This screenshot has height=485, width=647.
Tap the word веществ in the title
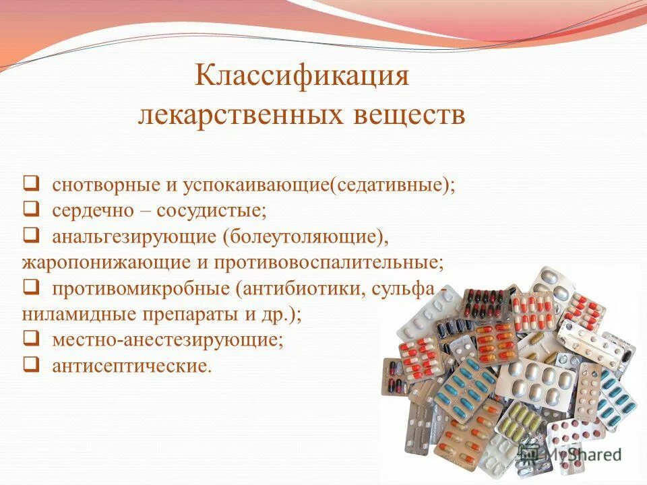point(409,115)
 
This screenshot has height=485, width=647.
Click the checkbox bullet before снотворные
point(32,183)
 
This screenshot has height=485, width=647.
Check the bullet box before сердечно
point(32,209)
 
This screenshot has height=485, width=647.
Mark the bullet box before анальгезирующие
point(32,235)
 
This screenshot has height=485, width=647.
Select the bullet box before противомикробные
point(32,287)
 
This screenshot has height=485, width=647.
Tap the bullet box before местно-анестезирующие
point(32,339)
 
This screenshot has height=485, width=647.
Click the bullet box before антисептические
point(32,364)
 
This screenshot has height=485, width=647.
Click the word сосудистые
point(212,210)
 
